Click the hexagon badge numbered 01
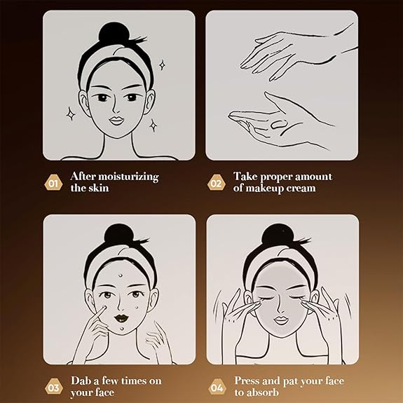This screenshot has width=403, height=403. point(53,182)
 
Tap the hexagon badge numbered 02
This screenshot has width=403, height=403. point(217,182)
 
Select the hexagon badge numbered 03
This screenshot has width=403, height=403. point(54,387)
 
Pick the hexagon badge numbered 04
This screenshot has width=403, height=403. point(217,387)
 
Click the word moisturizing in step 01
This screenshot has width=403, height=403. point(128,177)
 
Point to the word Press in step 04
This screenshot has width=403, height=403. point(247,381)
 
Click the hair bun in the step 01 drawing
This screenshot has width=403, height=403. point(113,34)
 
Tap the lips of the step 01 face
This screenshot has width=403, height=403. point(116,121)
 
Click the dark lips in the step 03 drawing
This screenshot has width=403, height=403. point(121,318)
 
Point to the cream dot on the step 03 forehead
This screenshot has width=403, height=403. point(121,275)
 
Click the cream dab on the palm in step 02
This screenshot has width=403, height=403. point(279,124)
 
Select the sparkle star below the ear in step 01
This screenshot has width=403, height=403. point(153,125)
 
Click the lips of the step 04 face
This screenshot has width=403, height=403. point(281,320)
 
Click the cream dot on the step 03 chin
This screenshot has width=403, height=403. point(122,328)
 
